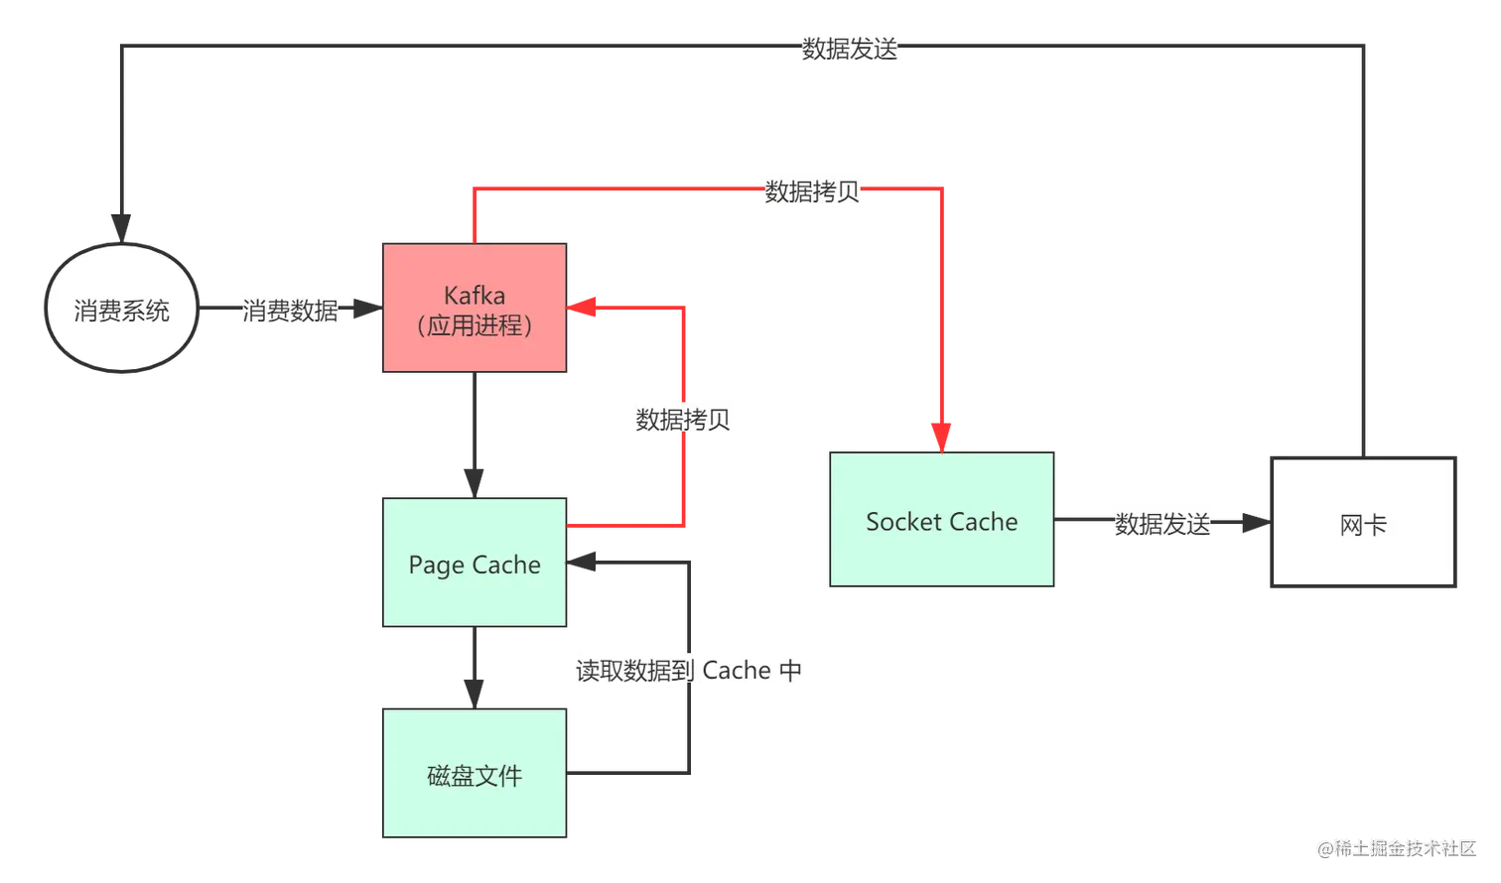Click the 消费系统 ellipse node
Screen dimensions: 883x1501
point(122,310)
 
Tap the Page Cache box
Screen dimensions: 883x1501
point(476,563)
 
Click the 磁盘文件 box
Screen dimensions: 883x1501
point(476,774)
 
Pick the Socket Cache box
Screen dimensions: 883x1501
point(941,522)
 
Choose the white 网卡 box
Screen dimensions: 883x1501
point(1361,524)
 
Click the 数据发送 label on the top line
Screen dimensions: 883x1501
point(850,49)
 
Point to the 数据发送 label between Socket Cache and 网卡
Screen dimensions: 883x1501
point(1162,523)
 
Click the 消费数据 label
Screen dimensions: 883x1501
point(290,310)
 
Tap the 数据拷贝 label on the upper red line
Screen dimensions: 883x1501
point(813,190)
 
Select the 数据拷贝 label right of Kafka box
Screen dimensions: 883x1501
point(683,419)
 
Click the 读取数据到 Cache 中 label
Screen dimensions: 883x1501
point(689,670)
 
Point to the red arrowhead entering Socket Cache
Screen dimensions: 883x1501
point(940,437)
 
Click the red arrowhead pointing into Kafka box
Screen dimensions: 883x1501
point(582,309)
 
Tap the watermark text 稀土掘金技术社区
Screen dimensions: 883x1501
point(1402,846)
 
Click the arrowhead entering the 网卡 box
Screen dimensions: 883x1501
point(1249,523)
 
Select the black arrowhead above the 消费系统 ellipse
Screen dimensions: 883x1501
point(122,225)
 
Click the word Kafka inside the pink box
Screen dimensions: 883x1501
point(475,295)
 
